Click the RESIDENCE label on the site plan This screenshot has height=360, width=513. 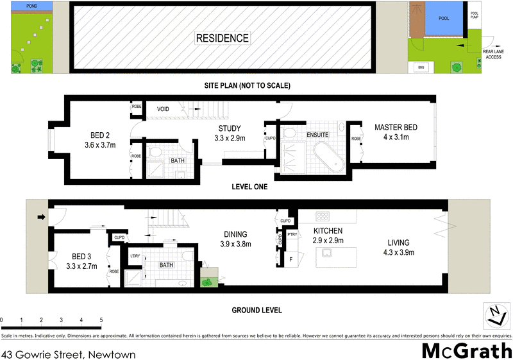coord(222,39)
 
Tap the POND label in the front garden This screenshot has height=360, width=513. coord(30,6)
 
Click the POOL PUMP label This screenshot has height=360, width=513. coord(475,15)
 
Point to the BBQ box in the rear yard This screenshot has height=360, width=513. coord(421,67)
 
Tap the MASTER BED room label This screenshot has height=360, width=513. coord(396,128)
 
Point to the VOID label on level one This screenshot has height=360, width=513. coord(164,110)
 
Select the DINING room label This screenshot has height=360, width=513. coord(235,234)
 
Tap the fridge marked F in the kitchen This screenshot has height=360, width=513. coord(290,259)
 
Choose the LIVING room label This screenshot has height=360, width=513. coord(398,243)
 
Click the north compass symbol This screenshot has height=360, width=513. coord(493,314)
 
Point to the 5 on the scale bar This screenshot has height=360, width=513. coord(101,320)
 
